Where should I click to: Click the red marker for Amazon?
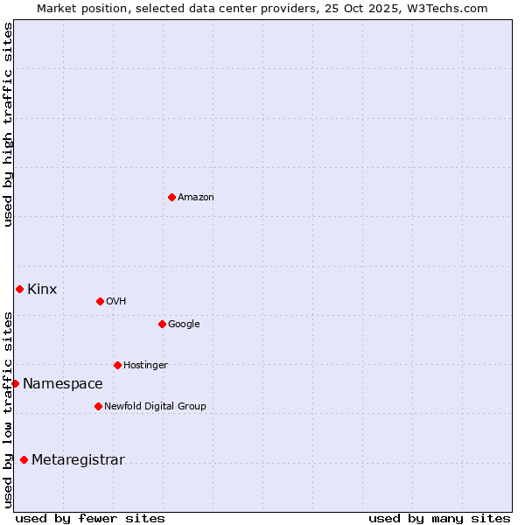coord(171,197)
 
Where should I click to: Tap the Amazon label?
coord(196,198)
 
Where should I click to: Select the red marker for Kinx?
coord(19,289)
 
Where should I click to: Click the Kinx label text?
coord(42,290)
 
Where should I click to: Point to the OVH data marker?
coord(100,301)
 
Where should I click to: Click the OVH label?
coord(116,302)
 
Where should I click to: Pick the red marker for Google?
coord(162,324)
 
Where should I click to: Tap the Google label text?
coord(184,325)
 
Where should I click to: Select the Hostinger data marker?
coord(117,365)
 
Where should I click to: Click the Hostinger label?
coord(145,366)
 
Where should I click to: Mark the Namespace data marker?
coord(15,383)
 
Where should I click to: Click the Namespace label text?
coord(63,384)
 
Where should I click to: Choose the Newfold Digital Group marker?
coord(98,406)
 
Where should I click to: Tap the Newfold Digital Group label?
coord(155,407)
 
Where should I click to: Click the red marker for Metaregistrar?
coord(24,459)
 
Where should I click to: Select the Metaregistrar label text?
coord(78,460)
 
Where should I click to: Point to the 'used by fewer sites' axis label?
coord(90,519)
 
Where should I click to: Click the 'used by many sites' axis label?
coord(439,519)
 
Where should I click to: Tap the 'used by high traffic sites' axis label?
coord(8,124)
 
